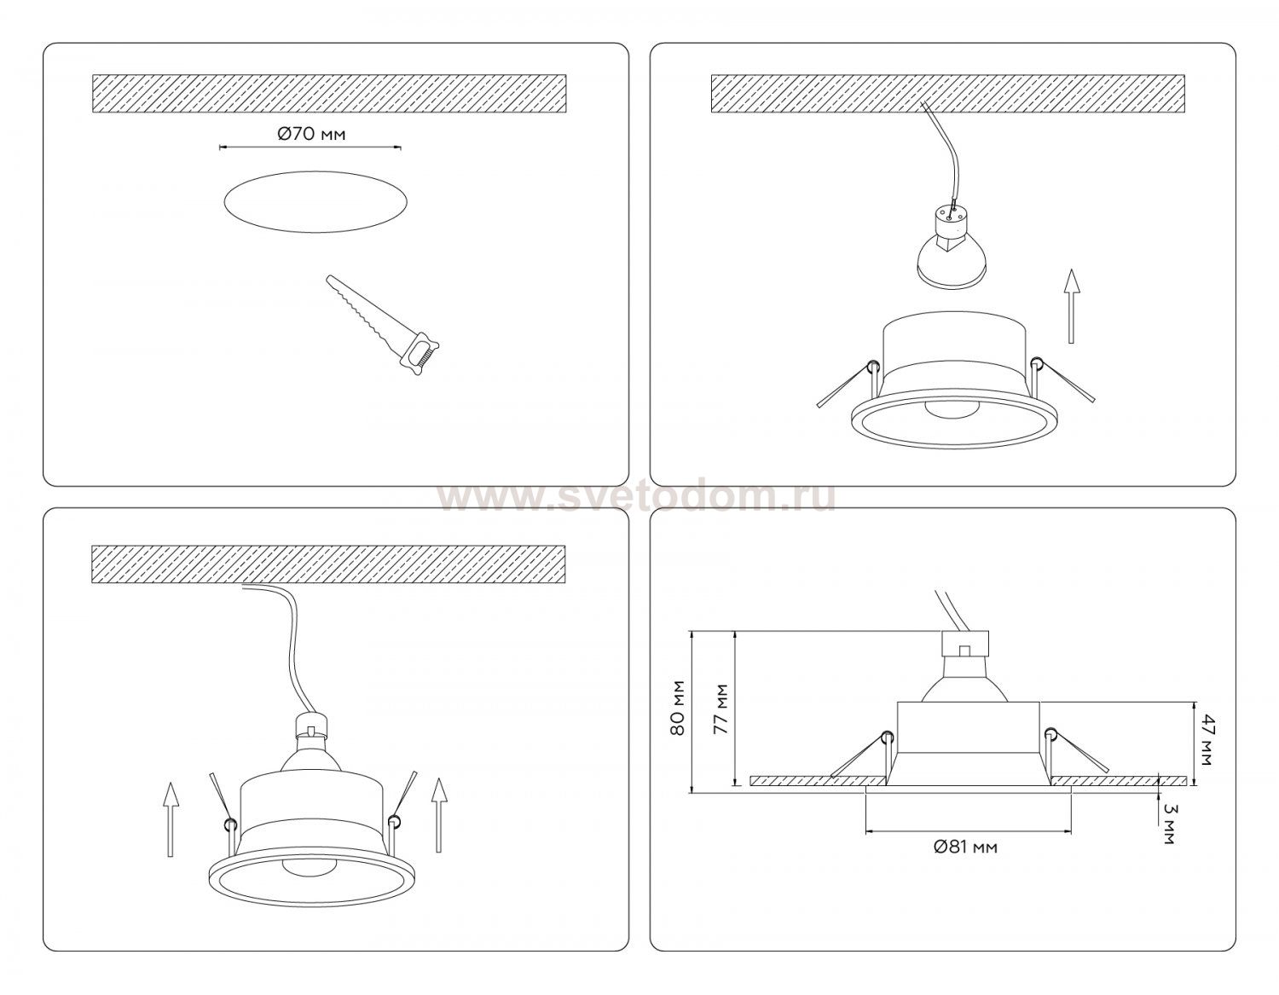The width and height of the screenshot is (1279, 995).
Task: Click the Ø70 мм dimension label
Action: point(311,135)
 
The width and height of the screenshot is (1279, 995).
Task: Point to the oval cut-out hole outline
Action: point(315,172)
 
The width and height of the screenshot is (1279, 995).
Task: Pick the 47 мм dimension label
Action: point(1205,739)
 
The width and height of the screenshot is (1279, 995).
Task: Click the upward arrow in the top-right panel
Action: point(1072,306)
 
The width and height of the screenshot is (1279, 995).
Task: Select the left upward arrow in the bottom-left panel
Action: point(170,819)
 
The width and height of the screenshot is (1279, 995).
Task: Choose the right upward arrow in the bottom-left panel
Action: point(438,814)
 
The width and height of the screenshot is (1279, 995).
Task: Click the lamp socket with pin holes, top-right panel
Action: point(950,224)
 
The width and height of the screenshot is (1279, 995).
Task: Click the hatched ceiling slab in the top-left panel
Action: point(329,93)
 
